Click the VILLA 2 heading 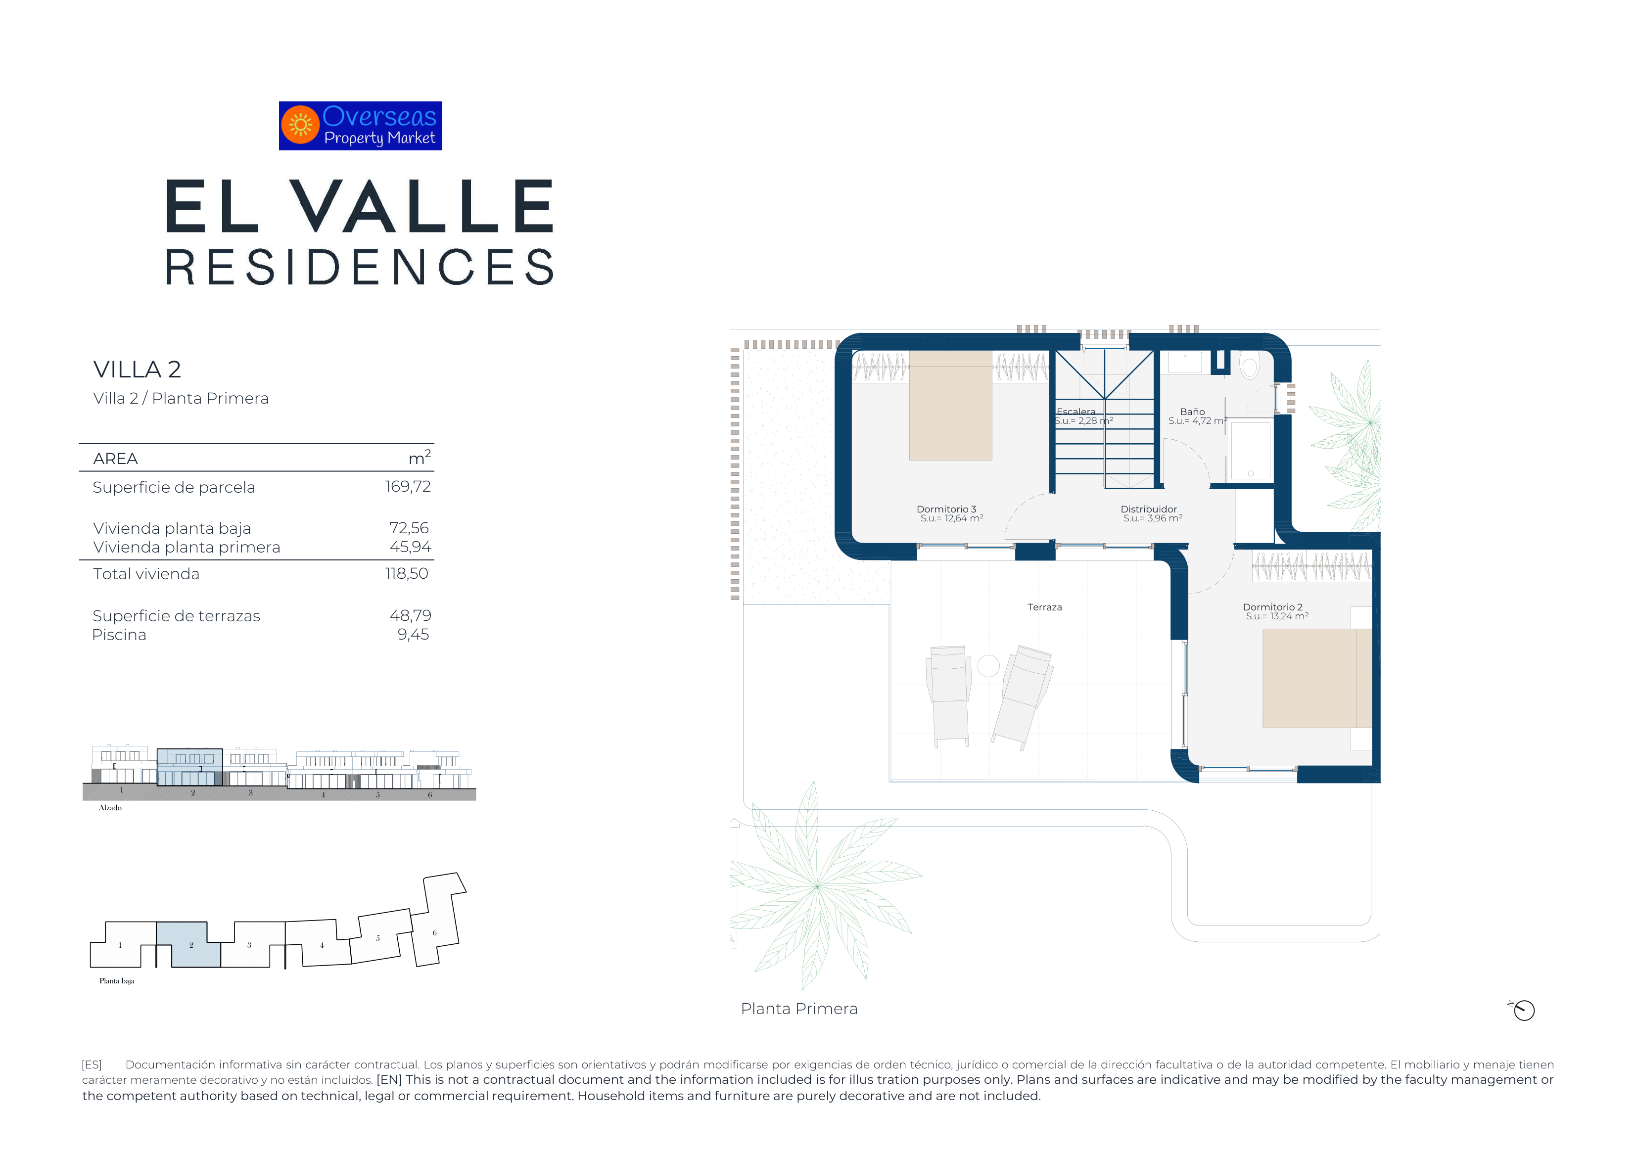click(x=137, y=370)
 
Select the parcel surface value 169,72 click(x=408, y=487)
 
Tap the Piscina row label click(x=119, y=635)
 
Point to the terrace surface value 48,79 click(x=410, y=615)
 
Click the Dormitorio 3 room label click(x=946, y=509)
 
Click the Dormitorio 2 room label click(x=1273, y=607)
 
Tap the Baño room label click(x=1192, y=412)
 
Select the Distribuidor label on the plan click(x=1149, y=509)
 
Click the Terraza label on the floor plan click(x=1044, y=607)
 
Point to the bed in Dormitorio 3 click(x=950, y=405)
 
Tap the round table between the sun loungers click(x=988, y=666)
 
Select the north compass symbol click(x=1522, y=1010)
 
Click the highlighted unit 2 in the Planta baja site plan click(x=189, y=945)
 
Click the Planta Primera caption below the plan click(x=799, y=1009)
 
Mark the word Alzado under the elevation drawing click(x=110, y=808)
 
